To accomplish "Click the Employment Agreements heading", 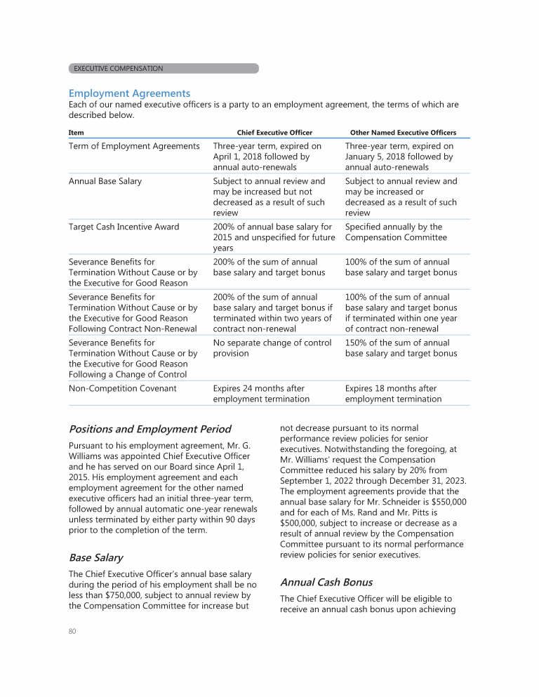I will tap(129, 93).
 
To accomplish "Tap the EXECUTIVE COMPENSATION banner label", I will tap(119, 69).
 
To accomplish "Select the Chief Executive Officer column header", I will tap(274, 132).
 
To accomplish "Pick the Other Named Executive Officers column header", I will tap(403, 132).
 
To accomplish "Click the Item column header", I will tap(75, 132).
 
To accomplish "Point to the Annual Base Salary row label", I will tap(105, 181).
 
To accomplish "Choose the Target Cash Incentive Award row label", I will tap(124, 227).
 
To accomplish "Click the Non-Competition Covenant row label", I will tap(122, 388).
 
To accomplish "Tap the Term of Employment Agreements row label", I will tap(134, 146).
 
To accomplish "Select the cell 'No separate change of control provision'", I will tap(272, 348).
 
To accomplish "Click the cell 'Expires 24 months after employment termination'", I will tap(261, 394).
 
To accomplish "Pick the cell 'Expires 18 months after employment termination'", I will tap(393, 394).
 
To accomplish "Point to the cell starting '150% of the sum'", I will tap(401, 348).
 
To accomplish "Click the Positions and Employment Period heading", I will tap(149, 429).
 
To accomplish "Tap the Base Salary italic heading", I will tap(95, 558).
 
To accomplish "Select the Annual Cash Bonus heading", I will tap(326, 583).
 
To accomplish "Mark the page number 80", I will tap(72, 632).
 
